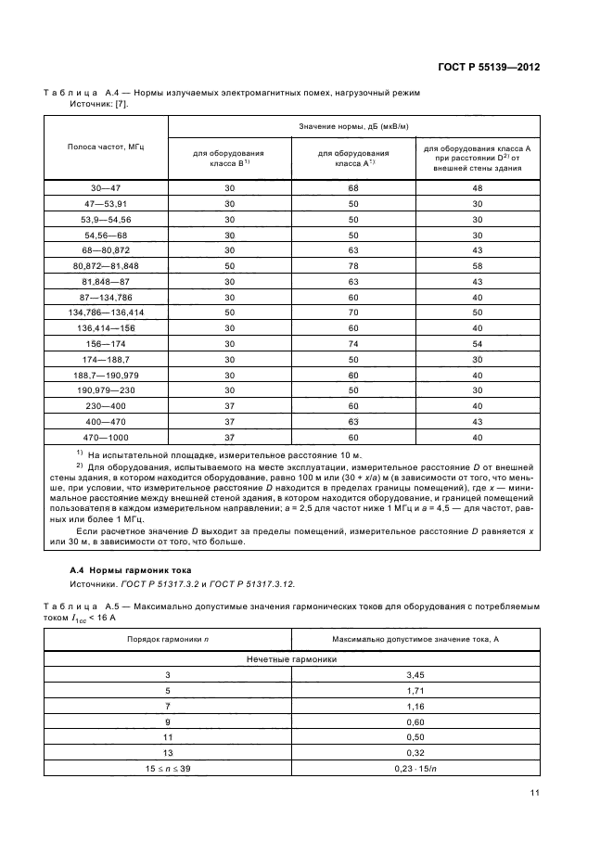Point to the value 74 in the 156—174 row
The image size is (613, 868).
tap(353, 343)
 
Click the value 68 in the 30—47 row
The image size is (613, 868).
tap(353, 188)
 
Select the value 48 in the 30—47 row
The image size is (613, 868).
tap(478, 188)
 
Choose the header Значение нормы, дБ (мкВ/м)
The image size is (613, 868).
tap(353, 126)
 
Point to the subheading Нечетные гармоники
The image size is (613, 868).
tap(291, 658)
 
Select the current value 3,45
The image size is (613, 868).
tap(415, 676)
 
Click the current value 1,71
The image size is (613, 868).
tap(415, 692)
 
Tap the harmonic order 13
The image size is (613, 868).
tap(168, 752)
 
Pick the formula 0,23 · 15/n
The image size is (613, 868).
tap(415, 768)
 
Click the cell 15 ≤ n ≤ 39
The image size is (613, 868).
tap(168, 768)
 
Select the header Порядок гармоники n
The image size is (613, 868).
tap(168, 640)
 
